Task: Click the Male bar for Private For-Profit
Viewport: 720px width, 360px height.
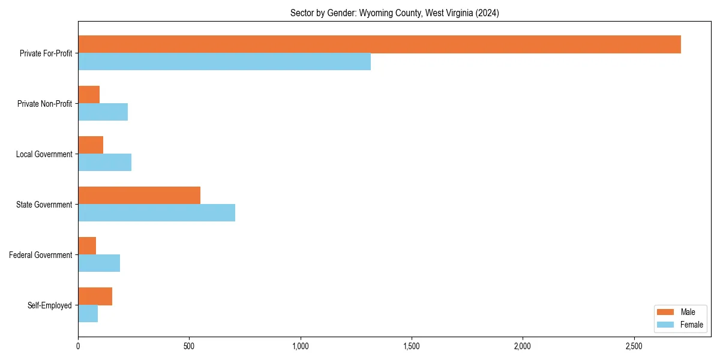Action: (x=379, y=44)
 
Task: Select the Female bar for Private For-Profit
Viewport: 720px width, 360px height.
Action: (x=224, y=62)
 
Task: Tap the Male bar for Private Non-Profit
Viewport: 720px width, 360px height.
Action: (x=89, y=95)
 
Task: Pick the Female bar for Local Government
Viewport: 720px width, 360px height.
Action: (x=104, y=163)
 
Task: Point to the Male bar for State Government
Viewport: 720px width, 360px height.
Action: (x=139, y=196)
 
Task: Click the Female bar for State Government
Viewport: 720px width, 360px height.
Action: (x=157, y=213)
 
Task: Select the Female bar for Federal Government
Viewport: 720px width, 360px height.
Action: (x=99, y=263)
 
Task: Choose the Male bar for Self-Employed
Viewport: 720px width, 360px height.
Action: (x=95, y=296)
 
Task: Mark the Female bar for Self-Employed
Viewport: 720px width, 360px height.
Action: (x=88, y=314)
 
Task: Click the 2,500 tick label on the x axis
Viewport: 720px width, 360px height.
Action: (x=634, y=346)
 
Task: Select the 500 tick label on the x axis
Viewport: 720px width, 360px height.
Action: (x=189, y=346)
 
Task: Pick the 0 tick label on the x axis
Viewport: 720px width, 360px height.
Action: (x=78, y=346)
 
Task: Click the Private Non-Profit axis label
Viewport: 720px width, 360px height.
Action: (x=44, y=104)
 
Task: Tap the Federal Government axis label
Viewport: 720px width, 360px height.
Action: (x=41, y=255)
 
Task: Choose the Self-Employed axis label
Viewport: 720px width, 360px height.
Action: (x=50, y=305)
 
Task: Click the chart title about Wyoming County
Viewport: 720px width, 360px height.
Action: (x=394, y=13)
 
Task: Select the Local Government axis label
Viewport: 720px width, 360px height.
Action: (x=44, y=154)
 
